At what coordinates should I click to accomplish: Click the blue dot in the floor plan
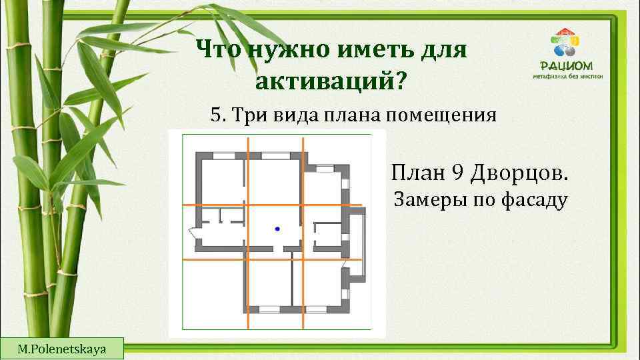(x=277, y=229)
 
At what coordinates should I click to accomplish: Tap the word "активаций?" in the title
(x=329, y=82)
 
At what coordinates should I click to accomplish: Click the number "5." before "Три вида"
(x=217, y=115)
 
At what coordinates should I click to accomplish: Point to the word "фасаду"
(x=532, y=199)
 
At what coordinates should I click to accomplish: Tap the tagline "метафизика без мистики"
(x=568, y=77)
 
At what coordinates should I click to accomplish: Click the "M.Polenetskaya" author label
(x=63, y=349)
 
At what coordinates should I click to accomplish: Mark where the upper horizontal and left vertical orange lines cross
(x=248, y=205)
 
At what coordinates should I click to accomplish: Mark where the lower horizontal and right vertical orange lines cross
(x=303, y=259)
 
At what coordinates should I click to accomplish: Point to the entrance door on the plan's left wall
(x=193, y=232)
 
